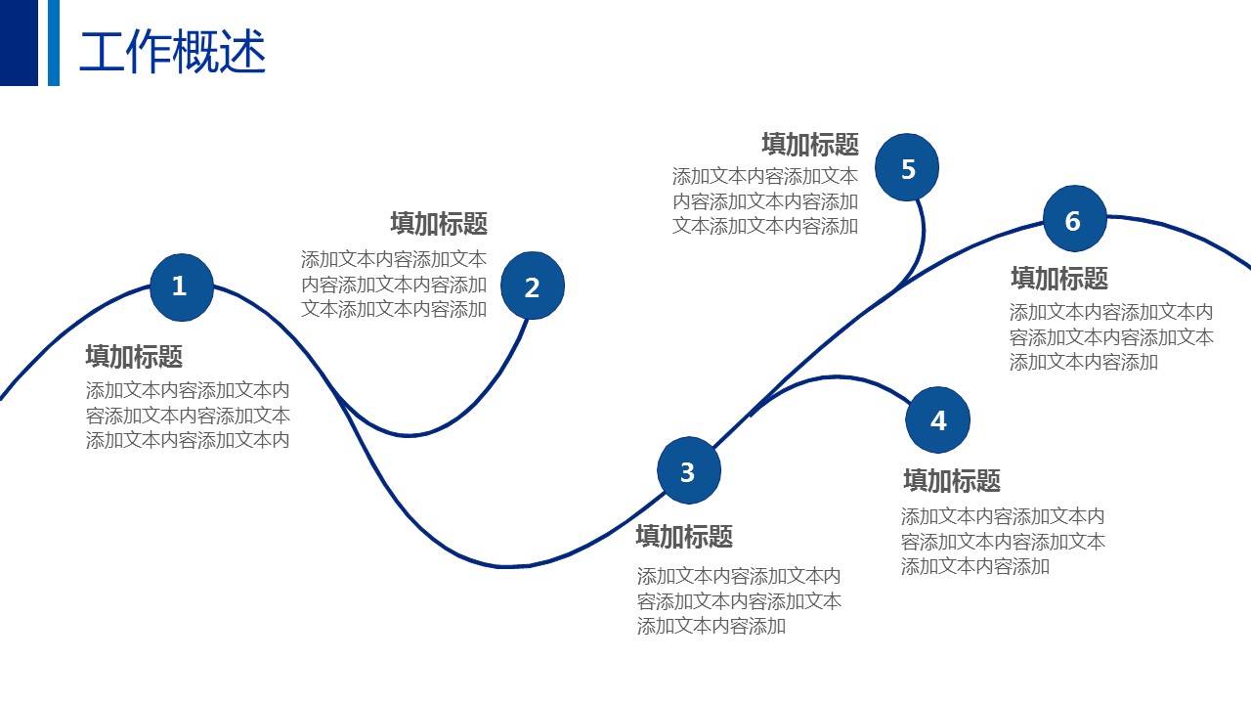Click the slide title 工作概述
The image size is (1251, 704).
tap(172, 52)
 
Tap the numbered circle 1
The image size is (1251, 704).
tap(181, 287)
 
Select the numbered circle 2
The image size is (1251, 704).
tap(533, 286)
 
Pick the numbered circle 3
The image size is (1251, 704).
tap(688, 471)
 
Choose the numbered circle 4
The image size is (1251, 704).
tap(937, 420)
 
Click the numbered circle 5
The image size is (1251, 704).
tap(907, 168)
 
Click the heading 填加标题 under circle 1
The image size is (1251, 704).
tap(134, 356)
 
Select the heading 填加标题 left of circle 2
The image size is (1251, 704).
tap(439, 224)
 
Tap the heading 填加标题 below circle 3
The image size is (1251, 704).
tap(684, 537)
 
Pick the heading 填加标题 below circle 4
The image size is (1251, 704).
tap(952, 481)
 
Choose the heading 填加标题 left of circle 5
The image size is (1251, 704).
tap(810, 145)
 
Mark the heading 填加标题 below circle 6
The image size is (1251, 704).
tap(1059, 279)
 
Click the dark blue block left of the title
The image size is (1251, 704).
tap(19, 42)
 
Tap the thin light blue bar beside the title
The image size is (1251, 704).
tap(54, 42)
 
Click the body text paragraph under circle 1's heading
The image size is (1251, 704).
tap(188, 416)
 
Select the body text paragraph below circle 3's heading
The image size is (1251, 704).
tap(739, 601)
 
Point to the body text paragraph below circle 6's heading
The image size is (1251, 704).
tap(1111, 337)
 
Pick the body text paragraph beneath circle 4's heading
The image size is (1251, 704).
tap(1003, 541)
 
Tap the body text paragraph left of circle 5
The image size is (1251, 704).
tap(765, 201)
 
